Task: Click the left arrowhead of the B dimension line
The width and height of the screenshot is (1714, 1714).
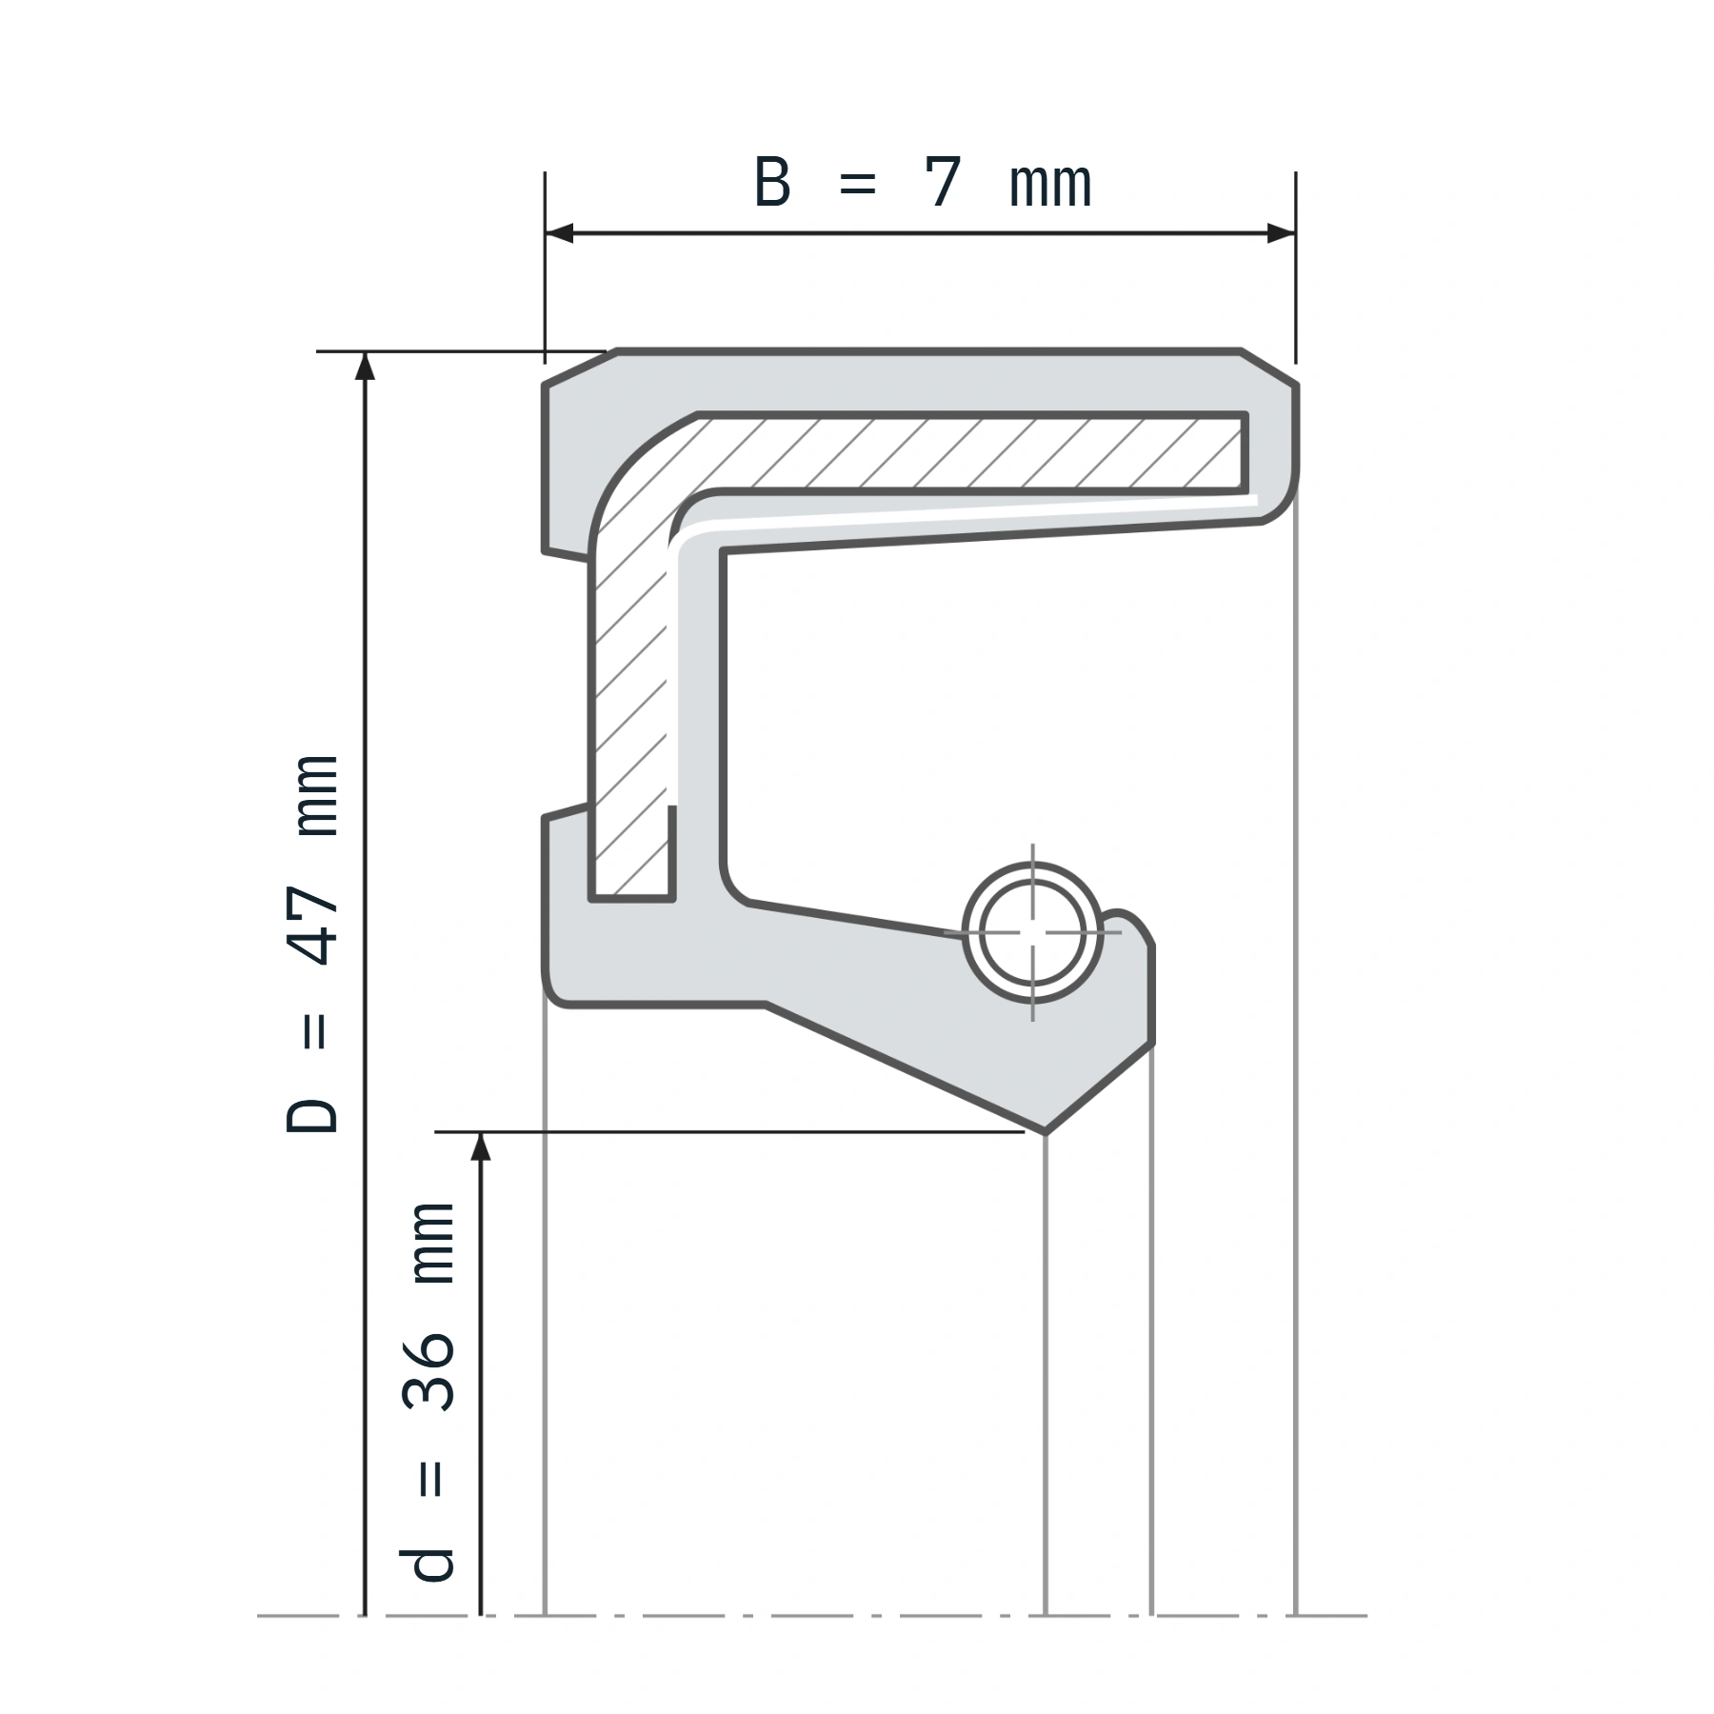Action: (559, 233)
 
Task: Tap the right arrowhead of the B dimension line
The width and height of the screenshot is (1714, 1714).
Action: (1281, 233)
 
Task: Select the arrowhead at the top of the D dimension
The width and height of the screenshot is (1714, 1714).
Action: (365, 366)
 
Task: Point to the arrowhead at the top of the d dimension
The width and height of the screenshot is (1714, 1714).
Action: (481, 1146)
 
